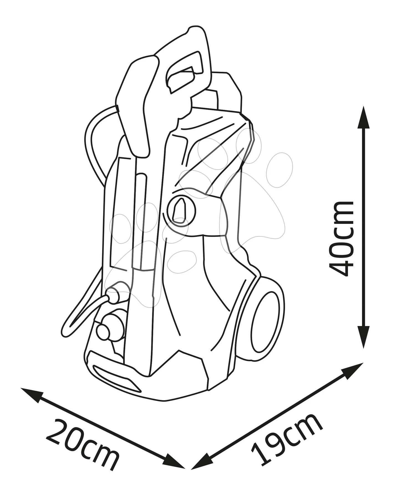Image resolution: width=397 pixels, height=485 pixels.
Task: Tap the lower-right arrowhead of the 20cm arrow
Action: [174, 462]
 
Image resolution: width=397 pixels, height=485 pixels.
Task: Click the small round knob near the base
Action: [103, 330]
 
